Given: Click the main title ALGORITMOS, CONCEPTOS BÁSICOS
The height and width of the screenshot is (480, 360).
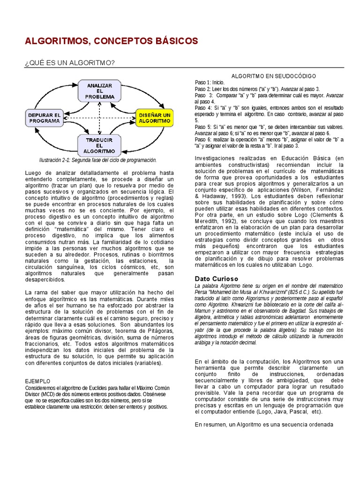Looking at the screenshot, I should (111, 41).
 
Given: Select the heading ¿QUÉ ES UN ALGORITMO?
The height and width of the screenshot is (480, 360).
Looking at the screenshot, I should (70, 63).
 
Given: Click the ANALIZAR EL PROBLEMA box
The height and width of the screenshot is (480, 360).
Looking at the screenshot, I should (99, 90).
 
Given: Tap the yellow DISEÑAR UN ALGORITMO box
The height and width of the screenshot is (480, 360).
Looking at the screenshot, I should (154, 118).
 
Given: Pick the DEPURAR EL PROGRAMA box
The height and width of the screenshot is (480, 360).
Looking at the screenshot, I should (45, 118).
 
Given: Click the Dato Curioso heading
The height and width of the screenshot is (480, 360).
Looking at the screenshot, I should (216, 279).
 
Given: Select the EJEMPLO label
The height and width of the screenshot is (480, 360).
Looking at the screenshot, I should (37, 382).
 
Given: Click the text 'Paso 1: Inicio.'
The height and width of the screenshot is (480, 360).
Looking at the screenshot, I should (210, 82).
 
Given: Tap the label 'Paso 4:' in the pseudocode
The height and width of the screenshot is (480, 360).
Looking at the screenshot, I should (204, 108).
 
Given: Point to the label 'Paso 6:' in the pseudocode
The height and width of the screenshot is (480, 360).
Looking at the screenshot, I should (204, 140).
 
